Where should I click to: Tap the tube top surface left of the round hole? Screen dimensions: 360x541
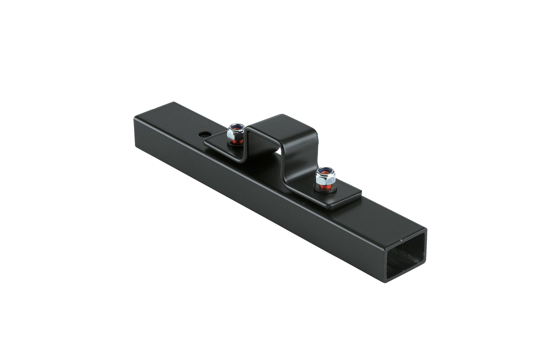168,120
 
